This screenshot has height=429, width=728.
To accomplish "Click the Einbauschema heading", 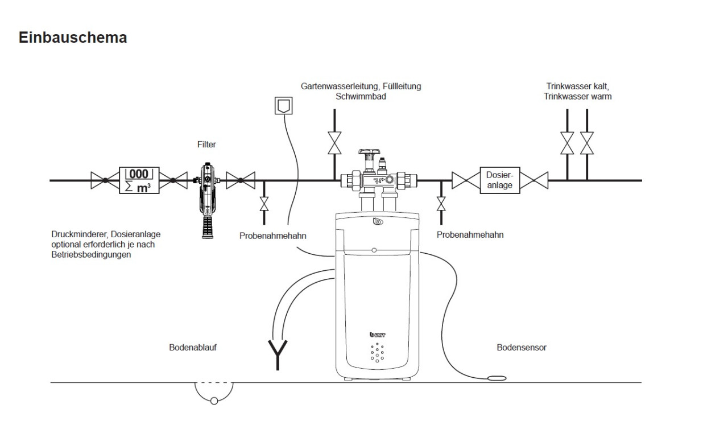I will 73,38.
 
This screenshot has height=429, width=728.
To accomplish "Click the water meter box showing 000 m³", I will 139,180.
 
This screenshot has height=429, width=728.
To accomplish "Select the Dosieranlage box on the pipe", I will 500,180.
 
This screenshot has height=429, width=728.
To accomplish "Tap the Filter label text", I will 206,145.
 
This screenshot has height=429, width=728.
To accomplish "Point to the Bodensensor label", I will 522,347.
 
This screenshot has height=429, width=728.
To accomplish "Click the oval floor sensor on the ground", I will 498,378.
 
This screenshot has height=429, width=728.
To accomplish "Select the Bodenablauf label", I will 192,347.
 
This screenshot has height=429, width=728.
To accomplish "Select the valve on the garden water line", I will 334,143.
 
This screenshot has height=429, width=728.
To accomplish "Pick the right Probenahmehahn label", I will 470,234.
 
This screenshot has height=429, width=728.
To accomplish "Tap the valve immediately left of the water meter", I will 105,180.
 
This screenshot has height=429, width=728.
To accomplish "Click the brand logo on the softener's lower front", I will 377,335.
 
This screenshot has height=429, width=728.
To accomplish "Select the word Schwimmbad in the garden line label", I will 361,97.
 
